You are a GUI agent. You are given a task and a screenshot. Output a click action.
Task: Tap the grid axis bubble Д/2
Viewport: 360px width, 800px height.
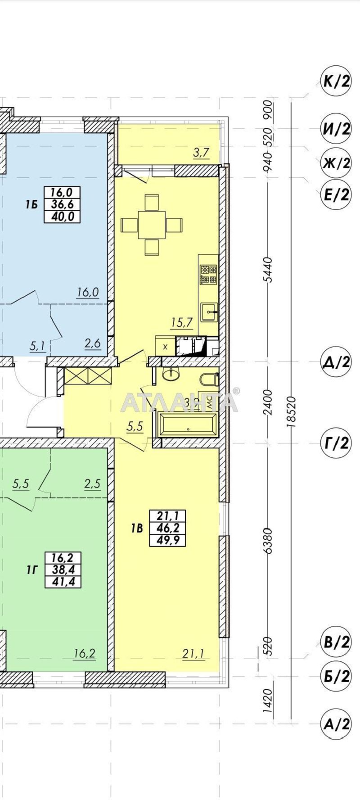(336, 362)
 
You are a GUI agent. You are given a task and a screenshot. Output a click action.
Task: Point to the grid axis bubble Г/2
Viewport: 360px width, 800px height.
(336, 443)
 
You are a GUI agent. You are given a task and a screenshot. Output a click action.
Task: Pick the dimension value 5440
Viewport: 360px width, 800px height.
(268, 269)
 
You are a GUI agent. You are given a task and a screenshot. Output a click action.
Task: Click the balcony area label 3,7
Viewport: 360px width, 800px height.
(201, 153)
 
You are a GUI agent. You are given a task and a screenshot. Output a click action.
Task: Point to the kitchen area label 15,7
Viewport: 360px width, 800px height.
(182, 322)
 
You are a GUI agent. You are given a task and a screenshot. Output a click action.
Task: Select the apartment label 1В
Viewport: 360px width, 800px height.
(137, 528)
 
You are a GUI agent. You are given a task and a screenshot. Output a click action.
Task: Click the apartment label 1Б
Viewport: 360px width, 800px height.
(31, 205)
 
